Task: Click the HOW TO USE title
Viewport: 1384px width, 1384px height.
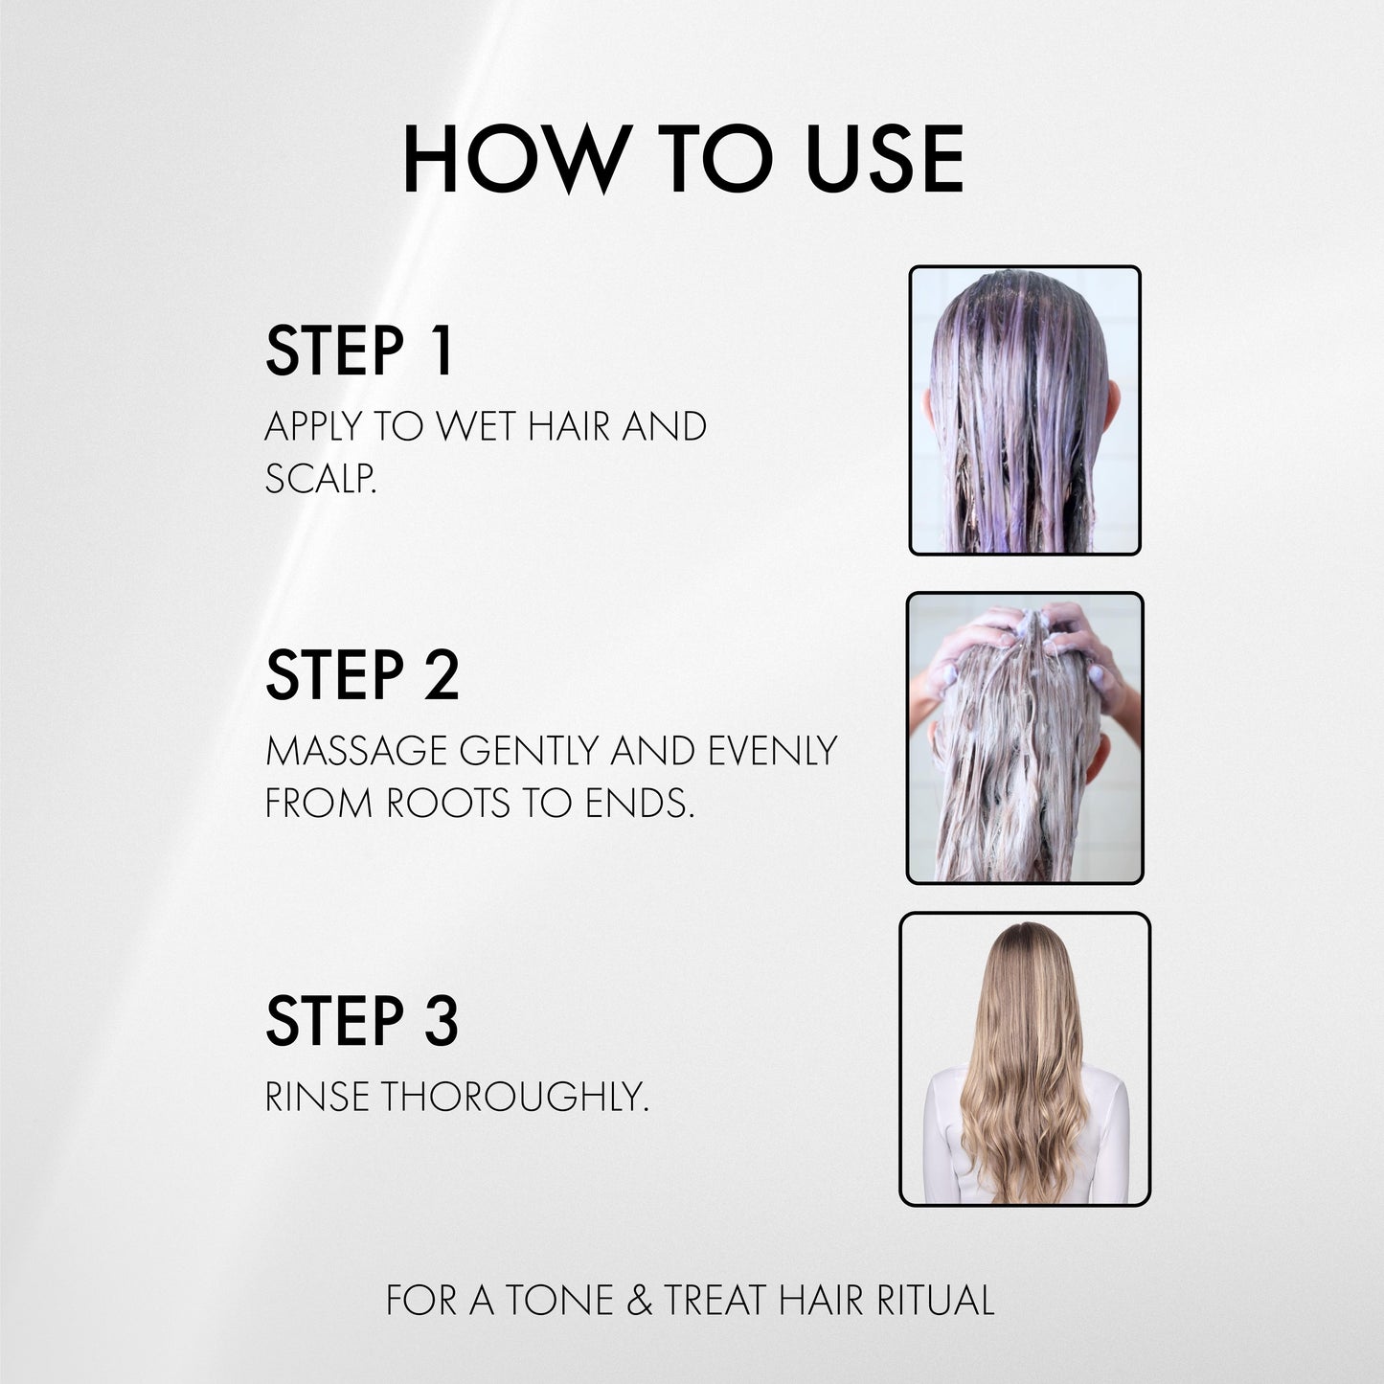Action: pos(683,160)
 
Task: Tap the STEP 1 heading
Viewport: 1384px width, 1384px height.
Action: pos(358,352)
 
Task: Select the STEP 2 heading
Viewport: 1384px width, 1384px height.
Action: pos(362,676)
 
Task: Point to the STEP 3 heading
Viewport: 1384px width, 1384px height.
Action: pos(362,1021)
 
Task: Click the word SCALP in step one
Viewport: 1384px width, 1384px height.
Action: pos(318,479)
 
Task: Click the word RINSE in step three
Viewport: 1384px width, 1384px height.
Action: pos(317,1098)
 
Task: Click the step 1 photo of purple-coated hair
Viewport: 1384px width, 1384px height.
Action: pos(1024,410)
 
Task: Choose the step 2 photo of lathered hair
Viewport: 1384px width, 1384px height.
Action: pos(1024,737)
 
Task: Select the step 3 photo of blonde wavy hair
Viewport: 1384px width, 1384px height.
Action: pos(1024,1058)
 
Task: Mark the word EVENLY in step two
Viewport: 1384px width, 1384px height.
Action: pos(772,751)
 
